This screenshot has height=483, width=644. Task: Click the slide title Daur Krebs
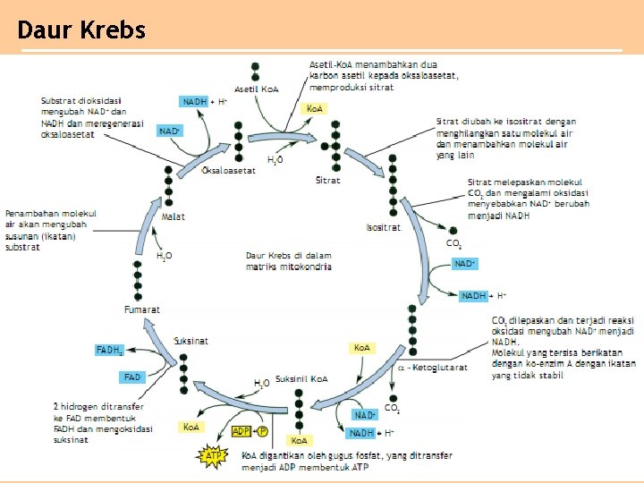pos(81,30)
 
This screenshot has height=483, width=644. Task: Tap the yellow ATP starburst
pos(214,456)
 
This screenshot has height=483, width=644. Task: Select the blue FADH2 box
pos(110,350)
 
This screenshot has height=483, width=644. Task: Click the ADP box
pos(241,431)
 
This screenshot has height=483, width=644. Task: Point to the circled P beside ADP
pos(262,431)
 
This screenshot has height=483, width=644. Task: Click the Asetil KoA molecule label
pos(257,89)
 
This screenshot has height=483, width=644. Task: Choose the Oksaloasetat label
pos(229,171)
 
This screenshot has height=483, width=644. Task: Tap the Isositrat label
pos(384,227)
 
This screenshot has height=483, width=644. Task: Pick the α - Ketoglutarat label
pos(432,368)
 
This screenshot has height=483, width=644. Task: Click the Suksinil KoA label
pos(301,379)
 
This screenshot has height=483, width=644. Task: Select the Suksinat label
pos(191,341)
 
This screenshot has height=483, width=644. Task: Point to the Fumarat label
pos(142,309)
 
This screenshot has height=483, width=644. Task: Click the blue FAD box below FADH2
pos(133,377)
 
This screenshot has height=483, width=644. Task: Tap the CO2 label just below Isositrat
pos(454,243)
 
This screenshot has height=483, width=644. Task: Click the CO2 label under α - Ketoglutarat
pos(393,409)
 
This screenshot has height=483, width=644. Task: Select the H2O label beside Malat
pos(165,257)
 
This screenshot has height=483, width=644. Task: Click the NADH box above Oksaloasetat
pos(195,102)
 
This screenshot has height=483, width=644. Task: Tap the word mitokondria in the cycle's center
pos(307,267)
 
